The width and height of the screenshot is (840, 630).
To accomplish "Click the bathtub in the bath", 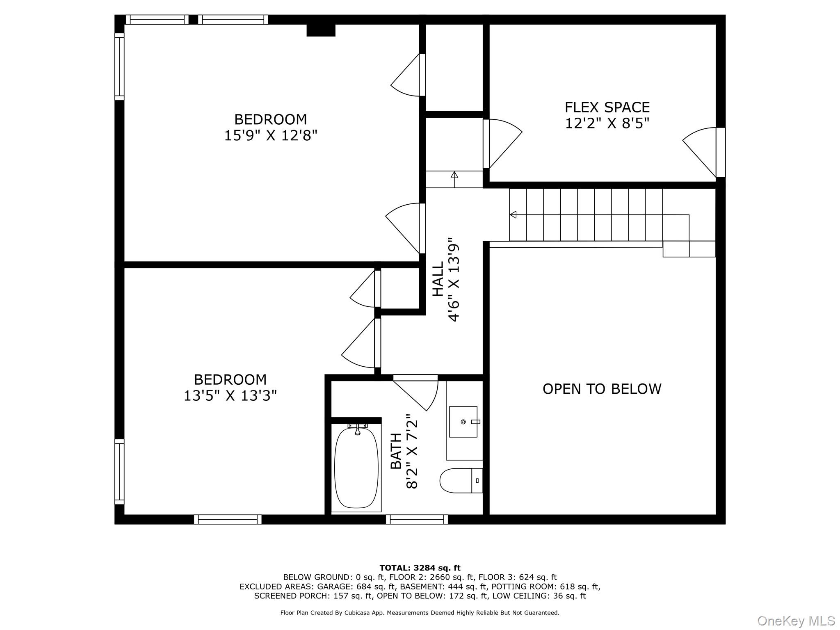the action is point(356,468).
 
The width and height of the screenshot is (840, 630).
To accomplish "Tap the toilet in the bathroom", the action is point(461,480).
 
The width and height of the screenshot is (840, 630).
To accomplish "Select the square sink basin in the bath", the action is point(463,422).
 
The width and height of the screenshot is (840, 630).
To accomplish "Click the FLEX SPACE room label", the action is point(607,107).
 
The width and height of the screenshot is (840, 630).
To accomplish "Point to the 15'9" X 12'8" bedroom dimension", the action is point(271,135).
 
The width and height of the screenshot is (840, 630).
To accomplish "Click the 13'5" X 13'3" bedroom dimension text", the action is point(230,395).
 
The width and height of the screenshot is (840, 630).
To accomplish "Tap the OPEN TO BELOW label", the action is point(602,389).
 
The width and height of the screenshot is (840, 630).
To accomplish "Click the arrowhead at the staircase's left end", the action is point(513,215).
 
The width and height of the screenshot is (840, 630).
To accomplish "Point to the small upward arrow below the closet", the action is point(454,179).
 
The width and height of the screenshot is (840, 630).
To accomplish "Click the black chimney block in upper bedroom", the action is point(321,30).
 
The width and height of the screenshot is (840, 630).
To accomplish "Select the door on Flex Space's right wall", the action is point(704,152).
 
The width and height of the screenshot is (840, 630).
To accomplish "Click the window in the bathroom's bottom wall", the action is point(417,519).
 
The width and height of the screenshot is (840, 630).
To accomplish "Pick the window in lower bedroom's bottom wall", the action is point(228,519).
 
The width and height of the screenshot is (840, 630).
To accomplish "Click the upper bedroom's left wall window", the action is point(119,66).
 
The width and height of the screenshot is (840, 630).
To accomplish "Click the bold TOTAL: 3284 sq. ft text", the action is point(420,568).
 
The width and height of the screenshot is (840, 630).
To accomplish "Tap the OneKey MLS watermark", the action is point(796,621).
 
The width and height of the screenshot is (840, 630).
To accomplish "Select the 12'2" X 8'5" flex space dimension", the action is point(607,123).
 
